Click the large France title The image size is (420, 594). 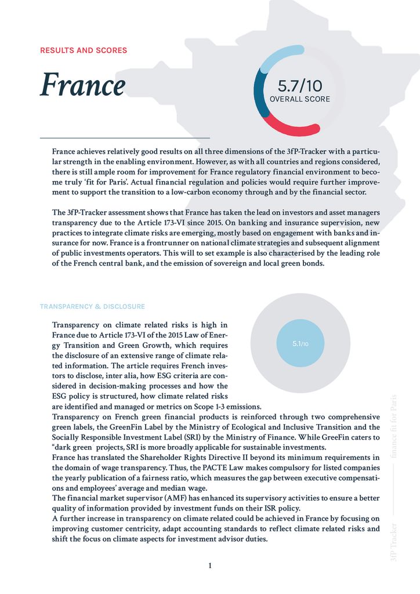[x=82, y=86]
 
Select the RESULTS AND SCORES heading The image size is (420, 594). [x=84, y=50]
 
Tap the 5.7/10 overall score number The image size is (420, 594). [x=299, y=86]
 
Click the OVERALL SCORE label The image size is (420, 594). [x=300, y=99]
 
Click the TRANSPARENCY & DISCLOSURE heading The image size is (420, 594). [x=92, y=306]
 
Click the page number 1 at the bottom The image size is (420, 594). [x=210, y=566]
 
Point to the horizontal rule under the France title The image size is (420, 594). [x=124, y=138]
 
